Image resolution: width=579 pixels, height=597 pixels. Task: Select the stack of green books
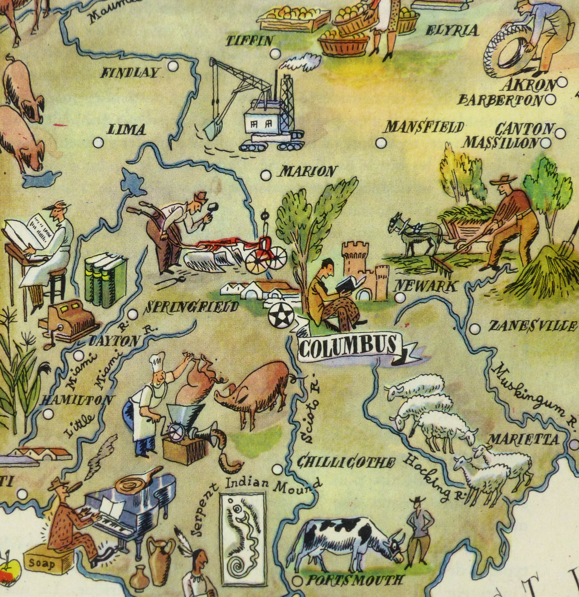pyautogui.click(x=105, y=280)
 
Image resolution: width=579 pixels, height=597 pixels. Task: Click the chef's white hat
pyautogui.click(x=157, y=362)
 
